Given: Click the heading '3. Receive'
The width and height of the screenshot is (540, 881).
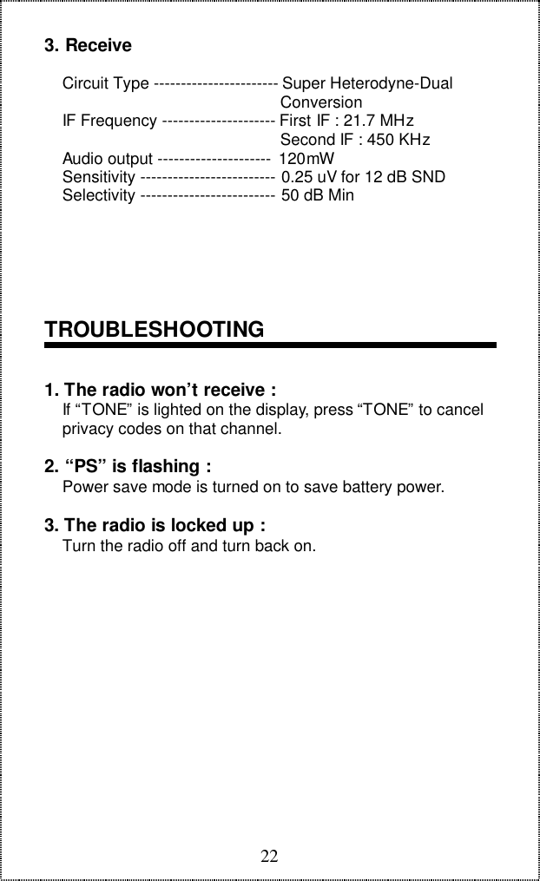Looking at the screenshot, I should pyautogui.click(x=88, y=44).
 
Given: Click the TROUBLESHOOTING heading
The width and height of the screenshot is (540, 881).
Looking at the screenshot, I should pyautogui.click(x=154, y=330).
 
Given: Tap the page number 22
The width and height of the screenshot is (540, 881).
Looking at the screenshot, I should pyautogui.click(x=270, y=857).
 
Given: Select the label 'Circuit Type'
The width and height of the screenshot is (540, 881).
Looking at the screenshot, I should pyautogui.click(x=105, y=84).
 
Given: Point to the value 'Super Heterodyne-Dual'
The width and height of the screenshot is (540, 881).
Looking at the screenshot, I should pyautogui.click(x=367, y=84).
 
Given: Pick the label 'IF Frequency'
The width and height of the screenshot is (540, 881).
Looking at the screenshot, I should pyautogui.click(x=109, y=121).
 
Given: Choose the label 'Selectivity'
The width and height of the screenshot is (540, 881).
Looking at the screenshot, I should pyautogui.click(x=99, y=195).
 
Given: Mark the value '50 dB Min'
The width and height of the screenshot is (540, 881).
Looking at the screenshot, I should pyautogui.click(x=318, y=195).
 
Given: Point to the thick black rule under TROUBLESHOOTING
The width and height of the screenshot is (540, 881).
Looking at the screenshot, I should pyautogui.click(x=270, y=346).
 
